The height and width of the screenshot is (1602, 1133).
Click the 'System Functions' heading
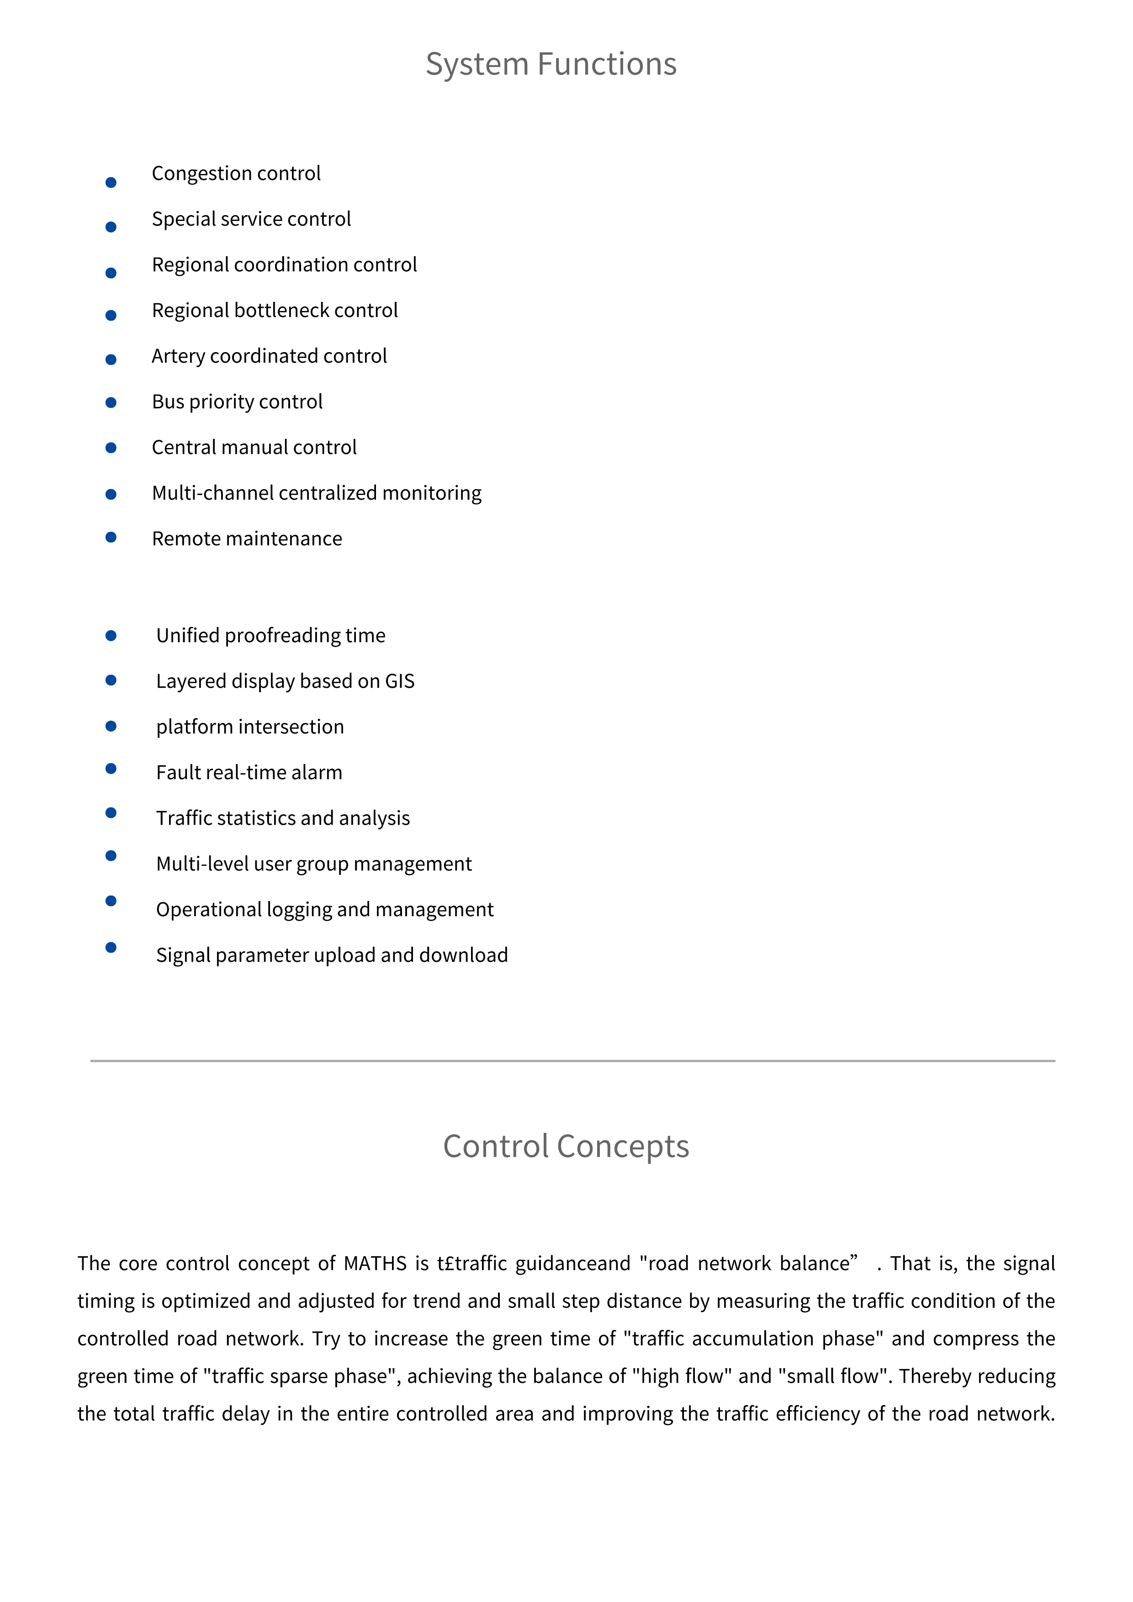[x=551, y=64]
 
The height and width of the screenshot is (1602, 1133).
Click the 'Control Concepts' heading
[x=566, y=1146]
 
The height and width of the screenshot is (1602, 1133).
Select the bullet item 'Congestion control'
[x=236, y=173]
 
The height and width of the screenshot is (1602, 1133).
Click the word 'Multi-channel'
[x=212, y=493]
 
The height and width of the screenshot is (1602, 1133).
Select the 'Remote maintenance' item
[x=246, y=539]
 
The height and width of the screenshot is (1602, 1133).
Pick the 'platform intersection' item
[x=250, y=727]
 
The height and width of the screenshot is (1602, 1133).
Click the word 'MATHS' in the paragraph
[x=375, y=1264]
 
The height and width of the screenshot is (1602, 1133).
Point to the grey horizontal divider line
[x=572, y=1061]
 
